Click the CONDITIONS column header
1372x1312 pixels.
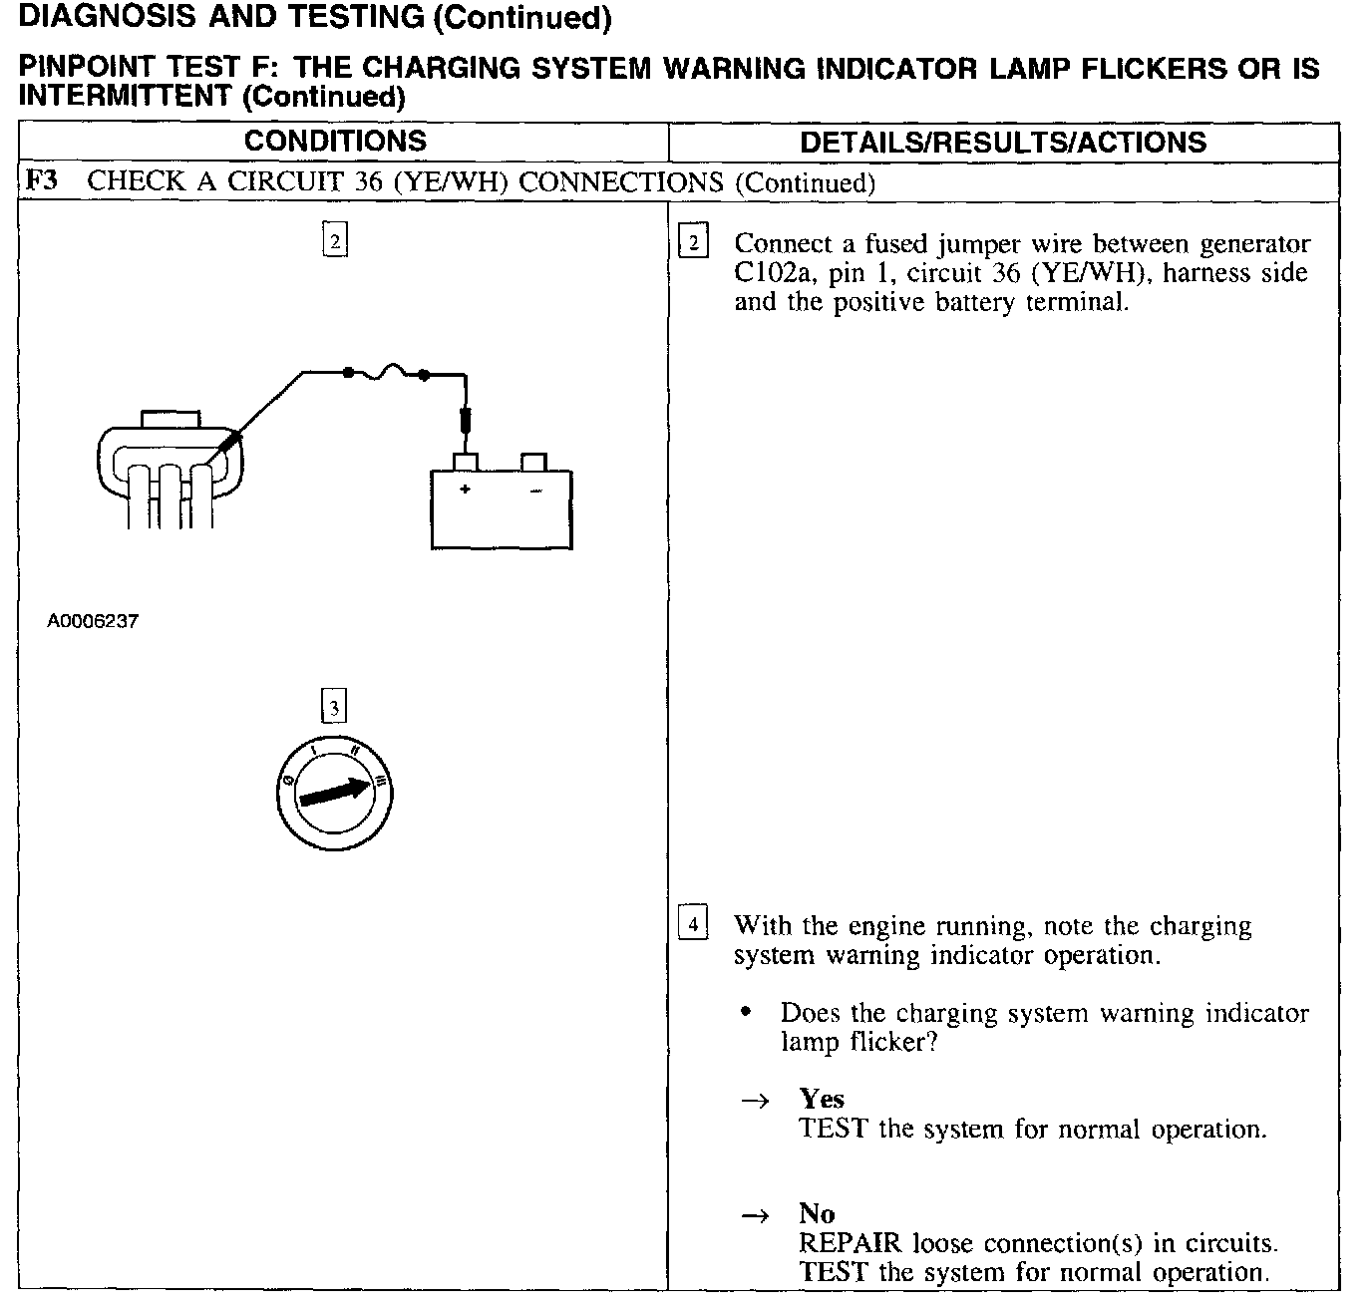[335, 142]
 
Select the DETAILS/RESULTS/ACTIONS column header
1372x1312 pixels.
[1003, 143]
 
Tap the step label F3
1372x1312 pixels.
[41, 181]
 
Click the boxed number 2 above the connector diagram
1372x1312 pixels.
[335, 241]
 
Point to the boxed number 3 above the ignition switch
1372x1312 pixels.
[334, 707]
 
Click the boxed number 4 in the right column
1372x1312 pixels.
[693, 922]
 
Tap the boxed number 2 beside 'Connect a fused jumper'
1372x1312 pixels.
[693, 242]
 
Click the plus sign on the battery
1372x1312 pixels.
[465, 490]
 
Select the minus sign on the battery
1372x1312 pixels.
[535, 491]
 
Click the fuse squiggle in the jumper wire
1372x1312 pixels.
[385, 374]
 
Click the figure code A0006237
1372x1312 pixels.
[93, 621]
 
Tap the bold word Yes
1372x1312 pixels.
[822, 1099]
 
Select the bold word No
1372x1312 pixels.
[817, 1213]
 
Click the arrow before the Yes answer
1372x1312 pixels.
[755, 1101]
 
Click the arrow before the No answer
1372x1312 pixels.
[755, 1215]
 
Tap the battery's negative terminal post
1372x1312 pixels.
[534, 463]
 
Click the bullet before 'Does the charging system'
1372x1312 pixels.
[745, 1013]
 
